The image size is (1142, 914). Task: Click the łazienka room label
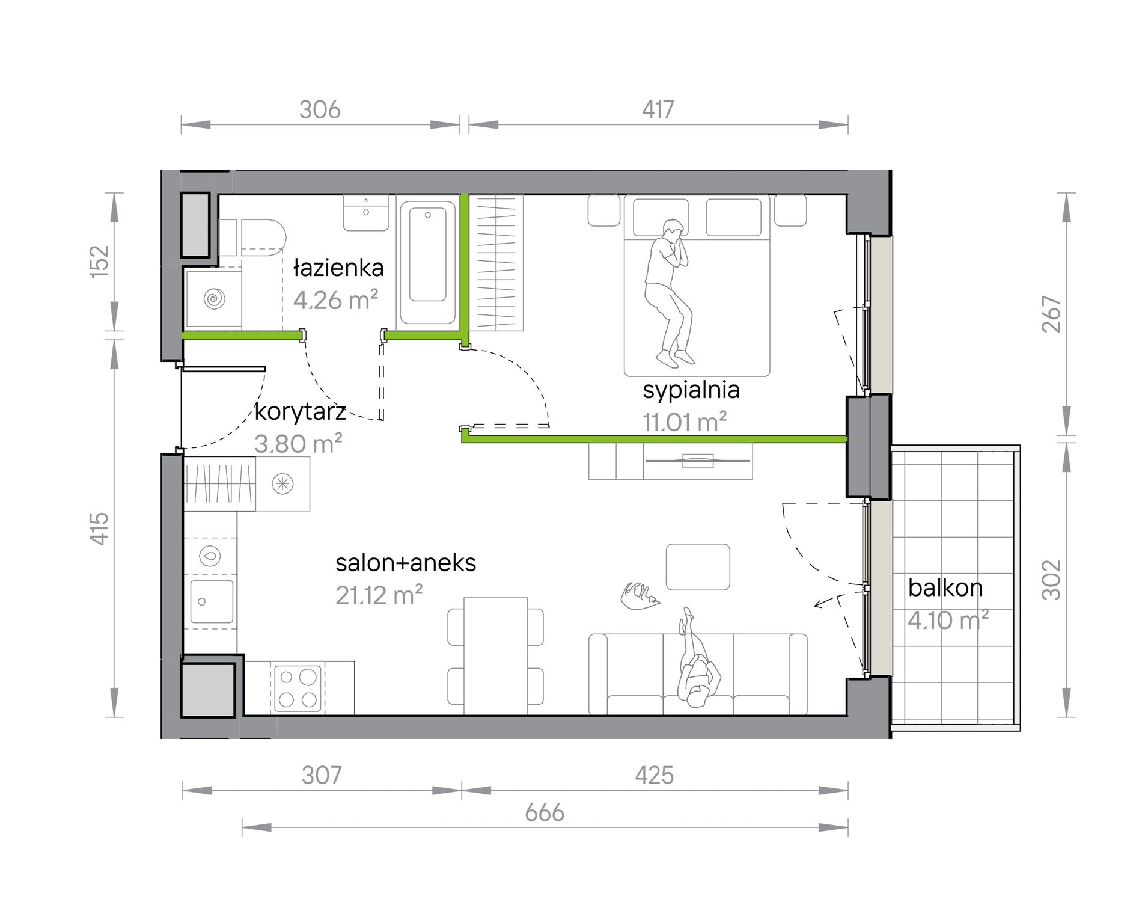pyautogui.click(x=338, y=268)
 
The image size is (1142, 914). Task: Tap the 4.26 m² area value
pyautogui.click(x=335, y=299)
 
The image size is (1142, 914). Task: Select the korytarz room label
pyautogui.click(x=300, y=412)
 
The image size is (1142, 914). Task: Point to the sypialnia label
pyautogui.click(x=691, y=390)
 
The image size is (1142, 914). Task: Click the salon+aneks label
pyautogui.click(x=406, y=563)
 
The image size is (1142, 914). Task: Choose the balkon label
pyautogui.click(x=945, y=587)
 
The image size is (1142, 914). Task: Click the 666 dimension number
pyautogui.click(x=545, y=812)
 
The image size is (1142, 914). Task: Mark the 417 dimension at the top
pyautogui.click(x=658, y=109)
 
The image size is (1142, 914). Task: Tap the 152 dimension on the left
pyautogui.click(x=100, y=262)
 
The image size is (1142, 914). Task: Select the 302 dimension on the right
pyautogui.click(x=1052, y=580)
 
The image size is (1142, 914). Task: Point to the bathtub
pyautogui.click(x=427, y=262)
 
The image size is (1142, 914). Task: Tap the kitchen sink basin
pyautogui.click(x=212, y=601)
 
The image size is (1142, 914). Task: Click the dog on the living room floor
pyautogui.click(x=640, y=595)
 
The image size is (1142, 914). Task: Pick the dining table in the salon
pyautogui.click(x=496, y=656)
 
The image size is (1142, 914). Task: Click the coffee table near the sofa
pyautogui.click(x=698, y=567)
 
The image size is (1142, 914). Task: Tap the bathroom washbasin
pyautogui.click(x=366, y=212)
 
